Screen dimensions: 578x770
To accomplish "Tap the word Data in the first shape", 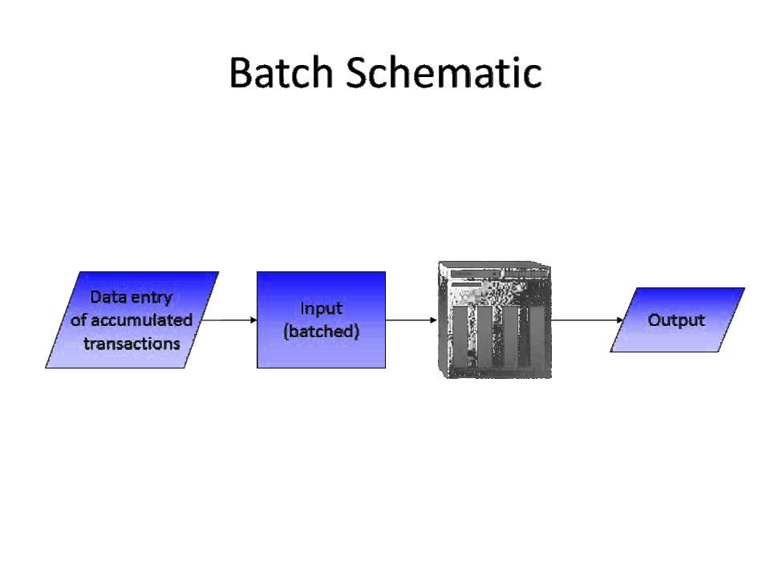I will (x=107, y=296).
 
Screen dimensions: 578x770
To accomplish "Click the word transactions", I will (x=132, y=343).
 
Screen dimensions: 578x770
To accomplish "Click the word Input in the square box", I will (x=321, y=308).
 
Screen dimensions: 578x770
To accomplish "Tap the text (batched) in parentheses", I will (x=321, y=332).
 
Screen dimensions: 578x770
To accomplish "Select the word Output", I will (x=676, y=320).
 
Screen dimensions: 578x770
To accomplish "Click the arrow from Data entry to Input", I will (x=228, y=320).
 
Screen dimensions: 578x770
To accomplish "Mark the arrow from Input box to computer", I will (x=411, y=320).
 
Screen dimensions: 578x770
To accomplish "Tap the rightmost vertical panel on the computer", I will (x=537, y=337).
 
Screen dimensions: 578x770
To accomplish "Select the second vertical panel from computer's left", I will (x=485, y=337).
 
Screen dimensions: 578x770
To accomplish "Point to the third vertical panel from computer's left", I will (x=511, y=337).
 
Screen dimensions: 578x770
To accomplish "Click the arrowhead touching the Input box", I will (x=253, y=320).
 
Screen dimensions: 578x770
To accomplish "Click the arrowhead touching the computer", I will (x=433, y=320).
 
